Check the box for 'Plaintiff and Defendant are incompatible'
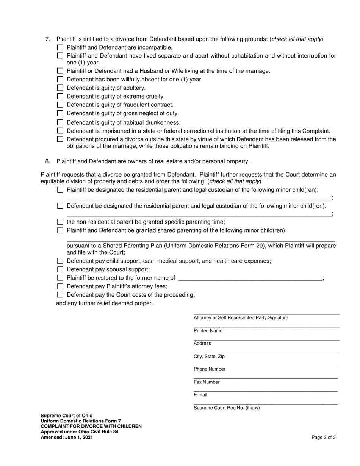[x=60, y=48]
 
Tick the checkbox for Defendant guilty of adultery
[x=60, y=88]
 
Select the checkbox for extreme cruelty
[x=60, y=96]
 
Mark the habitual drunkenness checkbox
[x=60, y=122]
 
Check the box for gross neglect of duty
[x=60, y=113]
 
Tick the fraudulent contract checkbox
[x=60, y=105]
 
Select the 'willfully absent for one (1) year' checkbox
[x=60, y=80]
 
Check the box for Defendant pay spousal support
[x=60, y=269]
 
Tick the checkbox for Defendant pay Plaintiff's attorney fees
[x=60, y=286]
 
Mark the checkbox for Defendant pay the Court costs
[x=60, y=295]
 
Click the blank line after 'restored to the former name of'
[x=250, y=278]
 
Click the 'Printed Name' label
[x=208, y=331]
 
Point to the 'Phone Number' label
[x=209, y=369]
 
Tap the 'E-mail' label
[x=200, y=395]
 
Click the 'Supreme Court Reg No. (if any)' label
[x=227, y=408]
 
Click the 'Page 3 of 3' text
[x=323, y=437]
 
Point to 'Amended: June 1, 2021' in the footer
[x=67, y=437]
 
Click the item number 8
[x=47, y=161]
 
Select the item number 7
[x=47, y=39]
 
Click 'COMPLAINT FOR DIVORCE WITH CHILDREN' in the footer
[x=91, y=426]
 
